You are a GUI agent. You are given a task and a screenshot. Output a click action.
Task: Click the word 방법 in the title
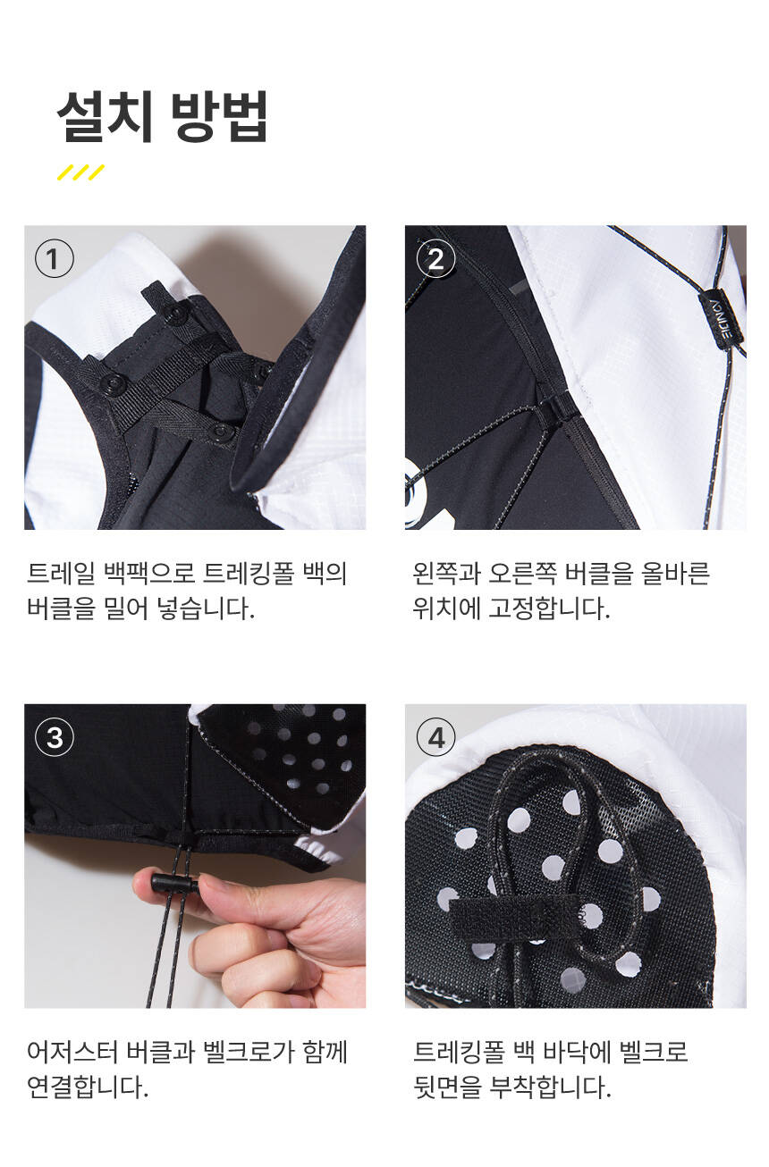pyautogui.click(x=219, y=116)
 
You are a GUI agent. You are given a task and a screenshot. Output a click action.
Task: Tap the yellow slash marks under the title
pyautogui.click(x=80, y=172)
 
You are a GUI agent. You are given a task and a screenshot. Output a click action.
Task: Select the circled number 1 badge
pyautogui.click(x=55, y=259)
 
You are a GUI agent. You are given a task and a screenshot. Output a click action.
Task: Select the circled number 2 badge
pyautogui.click(x=435, y=259)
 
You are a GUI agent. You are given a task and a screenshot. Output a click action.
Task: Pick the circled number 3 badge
pyautogui.click(x=55, y=737)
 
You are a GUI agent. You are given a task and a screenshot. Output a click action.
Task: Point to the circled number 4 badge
pyautogui.click(x=435, y=737)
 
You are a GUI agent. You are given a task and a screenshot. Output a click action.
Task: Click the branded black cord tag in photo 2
pyautogui.click(x=723, y=319)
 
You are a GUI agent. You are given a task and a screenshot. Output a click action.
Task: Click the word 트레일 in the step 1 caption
pyautogui.click(x=61, y=573)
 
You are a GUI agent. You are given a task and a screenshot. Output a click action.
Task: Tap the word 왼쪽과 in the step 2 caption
pyautogui.click(x=446, y=573)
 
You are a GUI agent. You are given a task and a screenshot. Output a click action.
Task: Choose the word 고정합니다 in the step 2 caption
pyautogui.click(x=549, y=608)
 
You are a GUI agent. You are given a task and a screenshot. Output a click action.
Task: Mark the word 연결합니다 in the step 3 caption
pyautogui.click(x=88, y=1087)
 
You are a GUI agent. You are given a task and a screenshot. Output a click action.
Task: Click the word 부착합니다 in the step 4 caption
pyautogui.click(x=550, y=1087)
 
